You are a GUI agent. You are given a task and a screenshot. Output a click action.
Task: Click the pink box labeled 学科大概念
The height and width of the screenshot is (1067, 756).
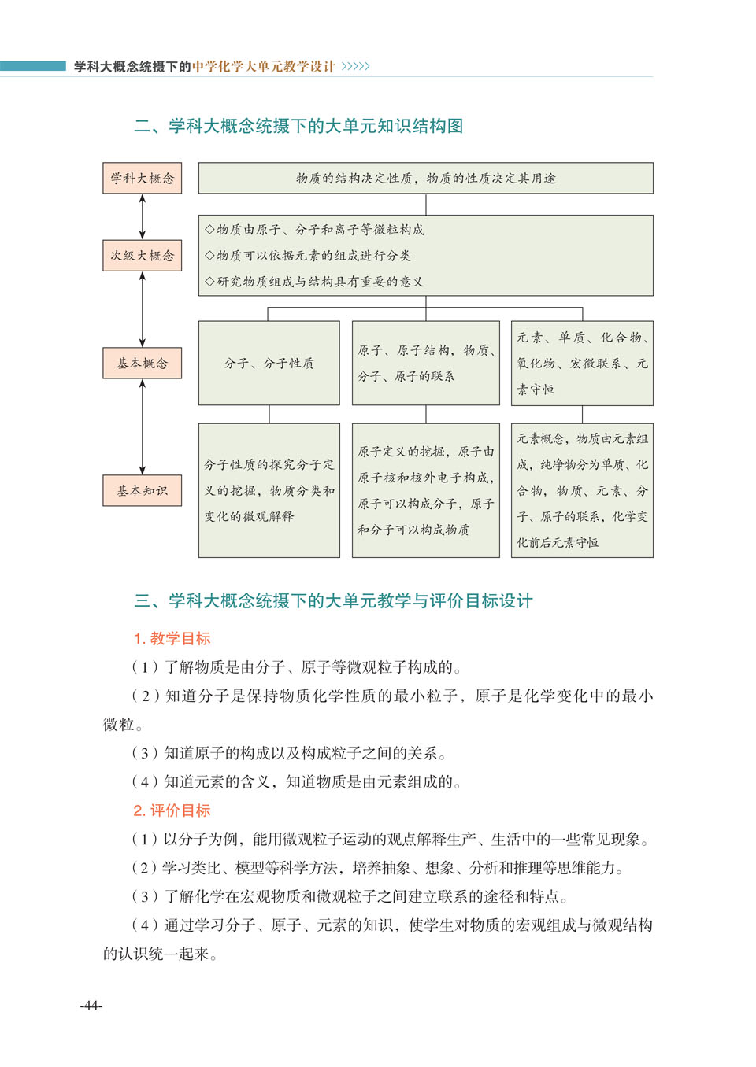tap(142, 178)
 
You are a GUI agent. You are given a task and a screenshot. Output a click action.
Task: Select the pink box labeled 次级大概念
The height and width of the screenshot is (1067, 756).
tap(142, 256)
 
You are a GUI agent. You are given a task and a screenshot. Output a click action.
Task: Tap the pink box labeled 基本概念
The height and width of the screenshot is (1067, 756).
tap(142, 363)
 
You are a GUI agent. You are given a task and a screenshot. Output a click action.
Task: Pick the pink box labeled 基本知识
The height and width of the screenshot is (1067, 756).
tap(142, 490)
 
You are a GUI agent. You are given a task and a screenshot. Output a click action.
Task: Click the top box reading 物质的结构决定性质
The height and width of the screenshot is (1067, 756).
tap(425, 178)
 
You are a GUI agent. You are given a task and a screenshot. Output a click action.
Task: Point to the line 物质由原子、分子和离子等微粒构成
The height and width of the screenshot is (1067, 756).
tap(314, 230)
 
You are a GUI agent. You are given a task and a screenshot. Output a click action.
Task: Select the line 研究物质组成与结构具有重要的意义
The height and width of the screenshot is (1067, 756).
tap(314, 282)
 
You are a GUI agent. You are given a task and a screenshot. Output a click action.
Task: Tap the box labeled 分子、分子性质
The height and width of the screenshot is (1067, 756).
tap(269, 363)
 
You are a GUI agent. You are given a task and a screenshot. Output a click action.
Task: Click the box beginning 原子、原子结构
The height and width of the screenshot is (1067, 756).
tap(425, 363)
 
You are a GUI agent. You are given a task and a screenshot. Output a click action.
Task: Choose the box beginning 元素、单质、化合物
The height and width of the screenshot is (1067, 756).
tap(582, 363)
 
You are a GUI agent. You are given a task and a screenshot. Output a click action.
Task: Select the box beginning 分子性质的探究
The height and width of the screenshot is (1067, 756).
tap(269, 490)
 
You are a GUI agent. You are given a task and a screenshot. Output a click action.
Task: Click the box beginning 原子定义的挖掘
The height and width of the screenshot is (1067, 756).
tap(425, 490)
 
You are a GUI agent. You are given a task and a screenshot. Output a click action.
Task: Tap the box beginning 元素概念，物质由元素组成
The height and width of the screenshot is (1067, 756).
tap(582, 490)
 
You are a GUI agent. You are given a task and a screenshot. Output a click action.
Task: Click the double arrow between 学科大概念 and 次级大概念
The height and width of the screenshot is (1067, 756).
tap(143, 216)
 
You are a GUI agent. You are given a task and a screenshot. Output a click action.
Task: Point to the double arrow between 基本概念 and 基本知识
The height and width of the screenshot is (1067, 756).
tap(143, 426)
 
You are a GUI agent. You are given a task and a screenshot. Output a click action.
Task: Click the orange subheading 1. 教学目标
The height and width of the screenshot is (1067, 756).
tap(172, 638)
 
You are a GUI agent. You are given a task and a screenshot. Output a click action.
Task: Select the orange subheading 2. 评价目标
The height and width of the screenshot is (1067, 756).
tap(172, 810)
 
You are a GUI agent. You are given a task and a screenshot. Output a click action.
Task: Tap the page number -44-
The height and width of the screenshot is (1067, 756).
tap(91, 1006)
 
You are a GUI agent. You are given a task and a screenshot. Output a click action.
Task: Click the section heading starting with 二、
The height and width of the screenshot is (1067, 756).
tap(298, 126)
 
